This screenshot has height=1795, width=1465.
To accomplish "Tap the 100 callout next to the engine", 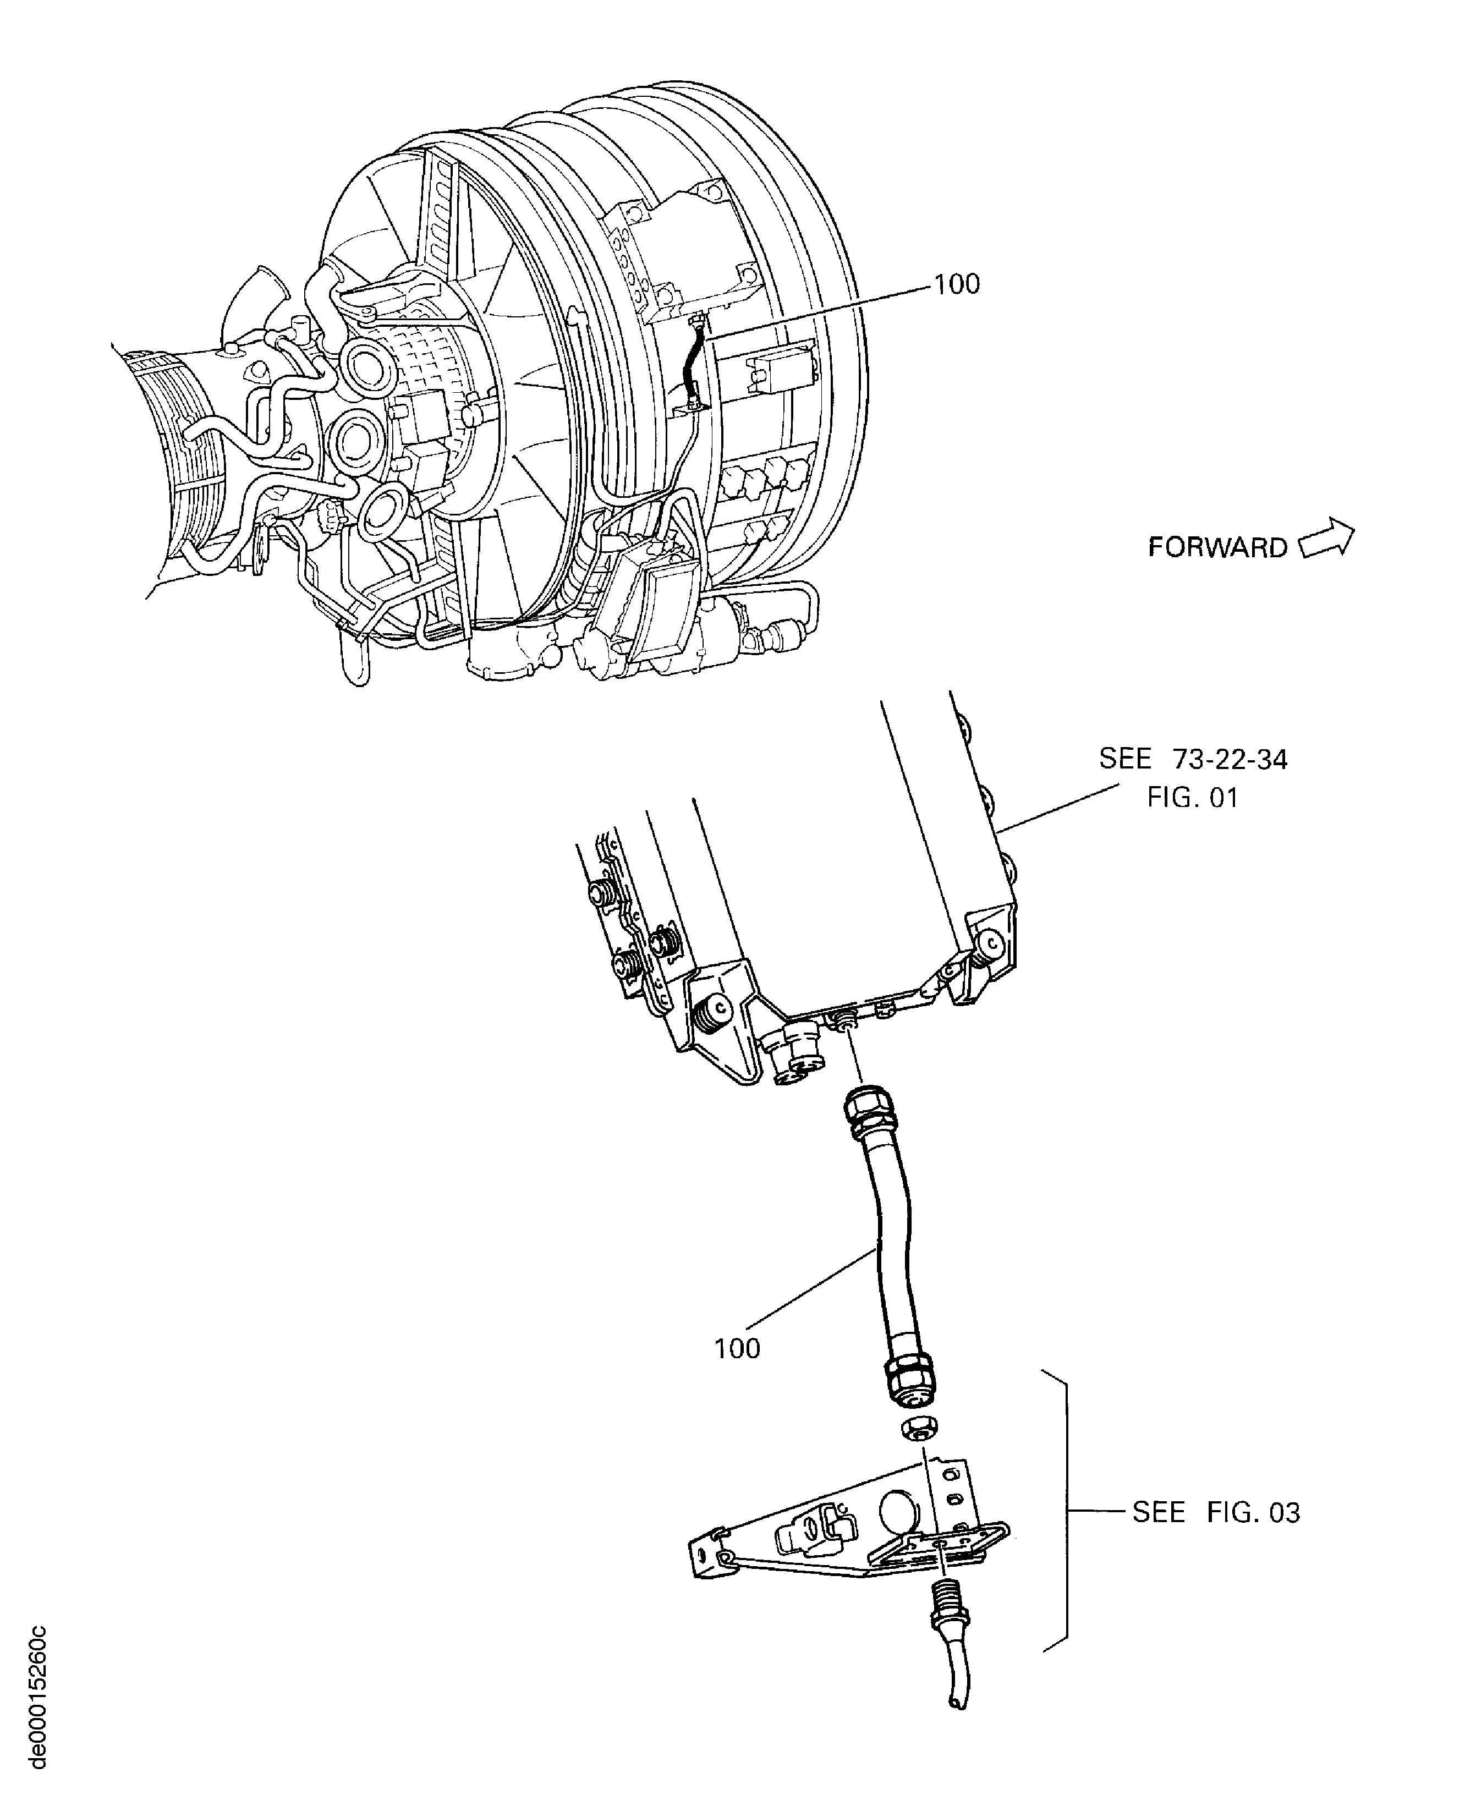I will point(957,284).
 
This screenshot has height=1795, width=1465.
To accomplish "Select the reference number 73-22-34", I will point(1230,760).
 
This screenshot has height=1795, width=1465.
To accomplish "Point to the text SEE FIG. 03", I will point(1215,1512).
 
